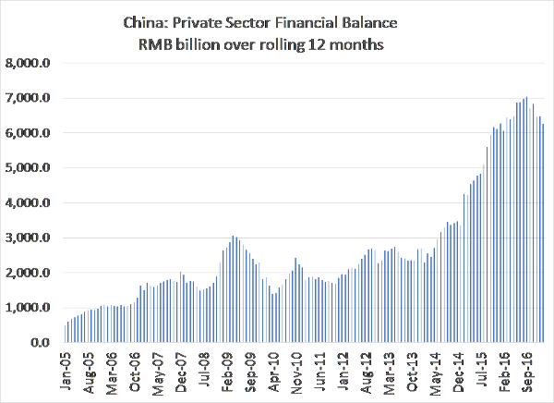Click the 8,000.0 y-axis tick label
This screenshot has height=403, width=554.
click(31, 63)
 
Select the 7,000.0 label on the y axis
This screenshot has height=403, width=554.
click(31, 98)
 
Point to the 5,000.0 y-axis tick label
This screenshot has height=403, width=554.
click(31, 168)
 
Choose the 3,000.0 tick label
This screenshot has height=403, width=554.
click(31, 238)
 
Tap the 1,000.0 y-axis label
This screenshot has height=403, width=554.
click(31, 308)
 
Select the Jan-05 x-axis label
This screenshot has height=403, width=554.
click(66, 372)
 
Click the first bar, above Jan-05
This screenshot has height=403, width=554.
click(66, 334)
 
